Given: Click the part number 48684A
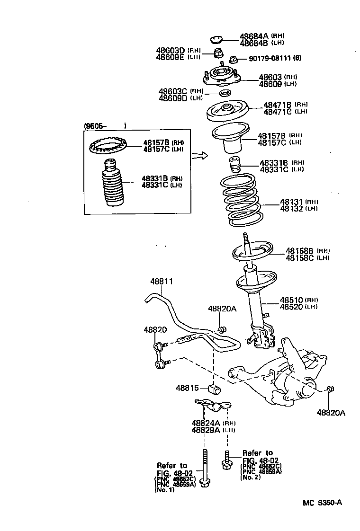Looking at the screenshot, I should tap(254, 36).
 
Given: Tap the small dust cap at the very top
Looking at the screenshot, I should tap(216, 39).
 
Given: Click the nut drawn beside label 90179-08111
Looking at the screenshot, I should tap(233, 60).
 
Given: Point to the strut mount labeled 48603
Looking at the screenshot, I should tap(221, 75).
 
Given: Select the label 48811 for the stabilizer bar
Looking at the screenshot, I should tap(162, 281).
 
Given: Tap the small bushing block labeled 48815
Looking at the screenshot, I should tap(215, 389).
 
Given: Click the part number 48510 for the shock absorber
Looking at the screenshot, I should tap(291, 300).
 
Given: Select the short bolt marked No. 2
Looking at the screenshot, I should tap(226, 460).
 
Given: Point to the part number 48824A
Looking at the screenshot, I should tap(206, 423).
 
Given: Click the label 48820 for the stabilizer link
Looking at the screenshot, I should tap(155, 329).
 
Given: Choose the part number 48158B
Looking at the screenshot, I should tap(299, 251).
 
